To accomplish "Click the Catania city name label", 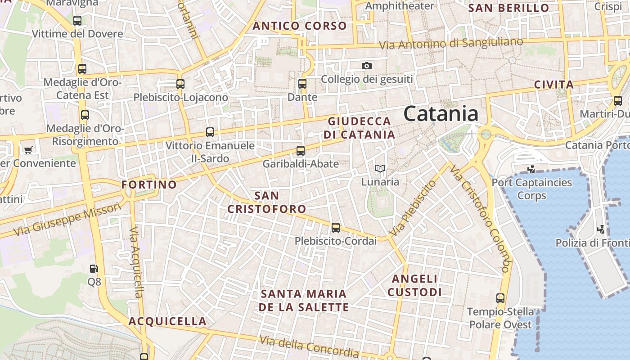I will tap(441, 113).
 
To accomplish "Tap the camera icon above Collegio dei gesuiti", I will tap(367, 66).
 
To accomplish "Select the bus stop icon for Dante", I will tap(302, 83).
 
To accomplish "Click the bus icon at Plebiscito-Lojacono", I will tap(180, 84).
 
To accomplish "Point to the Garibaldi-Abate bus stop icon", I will tap(301, 151).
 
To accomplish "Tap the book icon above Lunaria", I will tap(380, 169).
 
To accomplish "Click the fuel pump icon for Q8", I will tap(94, 269).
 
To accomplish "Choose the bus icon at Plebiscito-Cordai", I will tap(336, 228).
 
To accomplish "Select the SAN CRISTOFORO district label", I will tap(267, 202).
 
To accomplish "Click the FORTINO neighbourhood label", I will tap(149, 184).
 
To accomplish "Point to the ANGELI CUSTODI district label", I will tap(414, 285).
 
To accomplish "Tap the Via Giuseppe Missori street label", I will tap(67, 219).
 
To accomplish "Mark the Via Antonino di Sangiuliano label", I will tap(451, 44).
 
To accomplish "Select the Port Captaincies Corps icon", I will tap(531, 169).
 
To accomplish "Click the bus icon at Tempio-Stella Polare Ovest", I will tap(500, 298).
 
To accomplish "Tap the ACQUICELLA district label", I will tap(167, 321).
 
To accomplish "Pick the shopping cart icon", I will tap(28, 150).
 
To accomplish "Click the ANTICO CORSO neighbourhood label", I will tap(300, 26).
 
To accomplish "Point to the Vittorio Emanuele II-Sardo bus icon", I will tap(210, 132).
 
